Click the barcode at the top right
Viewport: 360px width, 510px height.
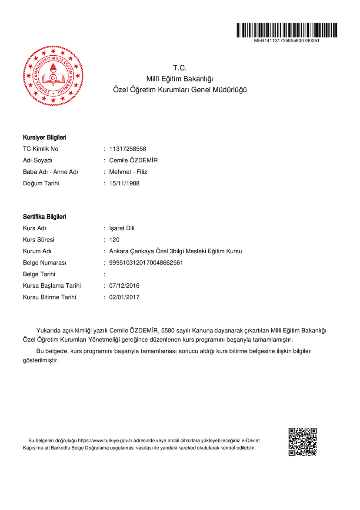pyautogui.click(x=287, y=30)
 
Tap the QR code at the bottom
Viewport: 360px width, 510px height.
pyautogui.click(x=303, y=442)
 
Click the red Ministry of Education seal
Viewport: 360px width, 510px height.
pyautogui.click(x=53, y=76)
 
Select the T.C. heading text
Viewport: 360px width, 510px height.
pyautogui.click(x=180, y=68)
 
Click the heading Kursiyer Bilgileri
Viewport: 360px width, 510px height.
pyautogui.click(x=44, y=138)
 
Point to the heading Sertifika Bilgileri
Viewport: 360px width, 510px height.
pyautogui.click(x=44, y=217)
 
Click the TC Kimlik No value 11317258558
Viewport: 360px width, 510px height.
pyautogui.click(x=127, y=149)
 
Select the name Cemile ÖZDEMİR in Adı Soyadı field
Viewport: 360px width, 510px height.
pyautogui.click(x=133, y=160)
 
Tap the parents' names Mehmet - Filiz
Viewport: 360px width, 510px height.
pyautogui.click(x=128, y=172)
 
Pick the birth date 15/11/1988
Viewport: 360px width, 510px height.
pyautogui.click(x=124, y=183)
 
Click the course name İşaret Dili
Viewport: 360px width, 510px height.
pyautogui.click(x=122, y=228)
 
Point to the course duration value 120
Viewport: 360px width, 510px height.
pyautogui.click(x=114, y=240)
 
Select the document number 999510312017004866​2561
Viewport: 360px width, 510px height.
pyautogui.click(x=146, y=263)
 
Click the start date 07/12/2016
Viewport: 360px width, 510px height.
pyautogui.click(x=124, y=286)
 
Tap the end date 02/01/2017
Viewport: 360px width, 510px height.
pyautogui.click(x=124, y=297)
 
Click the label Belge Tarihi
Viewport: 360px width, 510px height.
pyautogui.click(x=39, y=274)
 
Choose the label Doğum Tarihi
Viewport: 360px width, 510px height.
pyautogui.click(x=41, y=183)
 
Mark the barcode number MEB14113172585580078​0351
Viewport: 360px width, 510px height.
pyautogui.click(x=287, y=40)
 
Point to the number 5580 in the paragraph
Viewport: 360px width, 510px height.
pyautogui.click(x=167, y=331)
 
